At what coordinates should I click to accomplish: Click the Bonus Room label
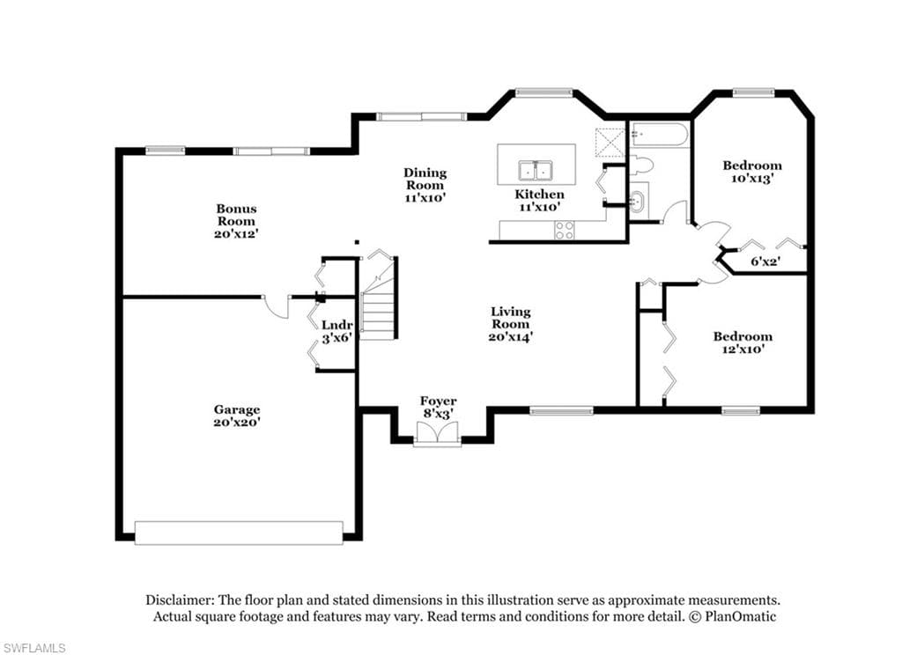click(x=236, y=215)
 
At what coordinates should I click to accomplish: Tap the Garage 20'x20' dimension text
click(x=236, y=422)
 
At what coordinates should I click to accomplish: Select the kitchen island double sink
click(x=535, y=171)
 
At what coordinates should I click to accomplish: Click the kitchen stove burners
click(x=564, y=230)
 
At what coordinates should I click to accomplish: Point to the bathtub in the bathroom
click(x=659, y=136)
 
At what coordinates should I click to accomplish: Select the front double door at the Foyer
click(x=438, y=433)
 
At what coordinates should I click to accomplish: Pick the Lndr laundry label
click(x=336, y=326)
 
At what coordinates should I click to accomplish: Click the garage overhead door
click(x=239, y=533)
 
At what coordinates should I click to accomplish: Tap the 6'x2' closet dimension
click(x=765, y=261)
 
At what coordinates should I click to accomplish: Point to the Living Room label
click(x=510, y=318)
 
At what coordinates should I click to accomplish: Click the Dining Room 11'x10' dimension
click(x=425, y=198)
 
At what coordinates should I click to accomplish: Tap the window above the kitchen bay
click(x=543, y=92)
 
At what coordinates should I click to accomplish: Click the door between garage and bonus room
click(x=277, y=307)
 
